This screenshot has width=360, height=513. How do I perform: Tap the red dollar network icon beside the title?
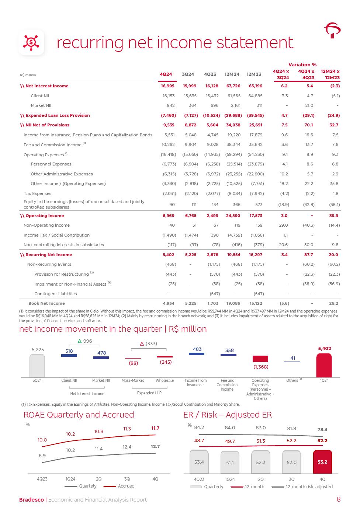click(x=31, y=43)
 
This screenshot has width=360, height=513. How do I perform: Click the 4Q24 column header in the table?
click(x=166, y=74)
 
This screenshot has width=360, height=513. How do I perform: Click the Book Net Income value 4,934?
click(x=169, y=303)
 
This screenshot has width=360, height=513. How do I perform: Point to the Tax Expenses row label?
click(x=37, y=193)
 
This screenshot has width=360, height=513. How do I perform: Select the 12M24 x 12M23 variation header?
click(x=330, y=74)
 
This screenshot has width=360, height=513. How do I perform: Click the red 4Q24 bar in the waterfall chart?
click(x=323, y=365)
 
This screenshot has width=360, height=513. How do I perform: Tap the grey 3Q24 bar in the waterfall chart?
click(x=37, y=366)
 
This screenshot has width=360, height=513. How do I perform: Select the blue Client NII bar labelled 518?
click(x=69, y=355)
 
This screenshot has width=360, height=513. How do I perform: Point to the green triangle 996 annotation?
click(x=84, y=341)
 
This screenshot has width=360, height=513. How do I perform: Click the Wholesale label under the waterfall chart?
click(x=165, y=380)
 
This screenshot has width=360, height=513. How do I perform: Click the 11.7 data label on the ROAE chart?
click(x=155, y=428)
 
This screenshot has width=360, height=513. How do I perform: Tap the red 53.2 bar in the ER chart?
click(x=322, y=462)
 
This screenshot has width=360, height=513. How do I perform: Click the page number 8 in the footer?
click(x=339, y=499)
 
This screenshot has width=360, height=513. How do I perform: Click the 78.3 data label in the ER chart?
click(x=322, y=430)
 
